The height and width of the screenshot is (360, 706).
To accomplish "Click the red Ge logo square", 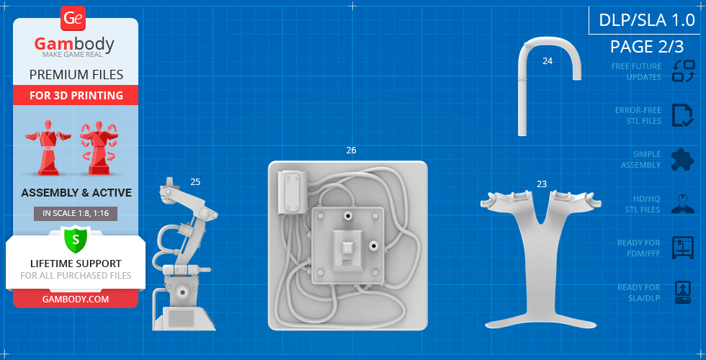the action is (x=73, y=19).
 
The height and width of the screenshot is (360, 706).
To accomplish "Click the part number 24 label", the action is (x=548, y=61).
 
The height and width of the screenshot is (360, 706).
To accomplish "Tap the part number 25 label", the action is (x=195, y=181).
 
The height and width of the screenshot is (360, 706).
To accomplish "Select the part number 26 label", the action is (x=352, y=150).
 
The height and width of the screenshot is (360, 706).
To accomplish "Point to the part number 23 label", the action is (x=542, y=184).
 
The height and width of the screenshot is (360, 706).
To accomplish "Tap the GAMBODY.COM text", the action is (x=76, y=300).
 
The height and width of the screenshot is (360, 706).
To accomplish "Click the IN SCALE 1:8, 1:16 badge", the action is (x=76, y=214).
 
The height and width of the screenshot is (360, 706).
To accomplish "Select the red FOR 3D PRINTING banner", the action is (x=76, y=95).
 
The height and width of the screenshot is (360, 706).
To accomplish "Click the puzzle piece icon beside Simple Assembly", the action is (x=683, y=160).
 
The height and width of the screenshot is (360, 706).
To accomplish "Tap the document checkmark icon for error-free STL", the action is (x=683, y=116).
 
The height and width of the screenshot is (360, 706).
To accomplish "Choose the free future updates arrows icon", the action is (x=683, y=71).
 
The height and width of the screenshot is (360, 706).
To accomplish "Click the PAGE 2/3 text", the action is (x=647, y=46).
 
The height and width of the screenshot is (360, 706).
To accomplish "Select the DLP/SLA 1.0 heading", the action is (x=647, y=20).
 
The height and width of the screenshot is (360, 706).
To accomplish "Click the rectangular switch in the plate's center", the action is (x=347, y=253).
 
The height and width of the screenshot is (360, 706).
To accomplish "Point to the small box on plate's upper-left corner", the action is (x=292, y=192).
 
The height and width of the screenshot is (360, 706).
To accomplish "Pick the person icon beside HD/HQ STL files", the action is (x=683, y=203).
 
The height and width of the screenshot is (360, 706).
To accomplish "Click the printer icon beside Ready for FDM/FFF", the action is (x=683, y=248).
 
